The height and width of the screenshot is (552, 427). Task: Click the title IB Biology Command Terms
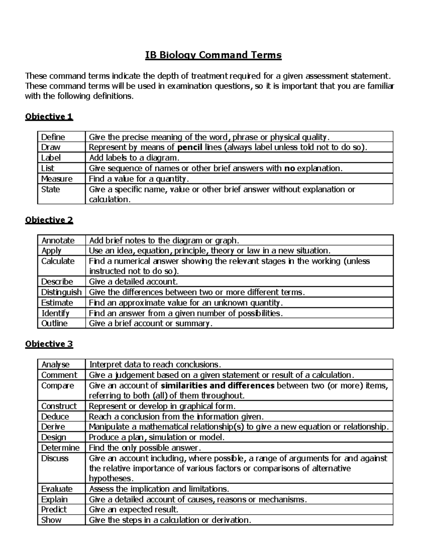click(213, 55)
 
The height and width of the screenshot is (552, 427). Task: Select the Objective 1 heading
click(49, 117)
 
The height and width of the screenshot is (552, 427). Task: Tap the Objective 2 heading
click(49, 220)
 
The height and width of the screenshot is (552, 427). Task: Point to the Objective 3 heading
click(49, 344)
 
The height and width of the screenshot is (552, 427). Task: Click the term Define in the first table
click(53, 137)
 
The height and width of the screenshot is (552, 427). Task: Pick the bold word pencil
click(190, 148)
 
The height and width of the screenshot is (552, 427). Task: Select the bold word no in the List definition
click(290, 168)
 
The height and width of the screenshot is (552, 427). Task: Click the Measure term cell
click(57, 179)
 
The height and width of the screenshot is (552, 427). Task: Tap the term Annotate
click(58, 241)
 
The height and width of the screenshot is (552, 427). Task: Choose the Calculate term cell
click(58, 261)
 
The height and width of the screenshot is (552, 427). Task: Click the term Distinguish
click(61, 292)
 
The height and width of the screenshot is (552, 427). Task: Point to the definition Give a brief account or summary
click(151, 323)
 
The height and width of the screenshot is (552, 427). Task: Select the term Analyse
click(56, 365)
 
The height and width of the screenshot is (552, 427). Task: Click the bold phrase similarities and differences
click(217, 386)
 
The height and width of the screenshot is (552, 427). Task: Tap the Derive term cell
click(53, 427)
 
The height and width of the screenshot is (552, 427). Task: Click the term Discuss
click(55, 459)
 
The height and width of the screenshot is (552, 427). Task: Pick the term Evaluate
click(57, 489)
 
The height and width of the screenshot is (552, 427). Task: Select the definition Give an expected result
click(133, 510)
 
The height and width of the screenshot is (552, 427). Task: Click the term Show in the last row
click(51, 520)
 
